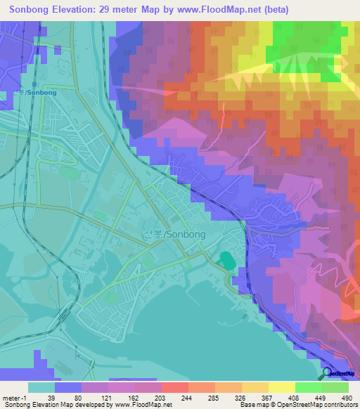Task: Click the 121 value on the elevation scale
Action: click(x=108, y=397)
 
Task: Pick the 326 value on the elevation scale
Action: click(x=240, y=397)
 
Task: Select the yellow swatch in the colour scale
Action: click(x=281, y=387)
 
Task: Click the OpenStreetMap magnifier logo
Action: click(x=328, y=373)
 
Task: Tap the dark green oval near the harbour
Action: click(x=226, y=259)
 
